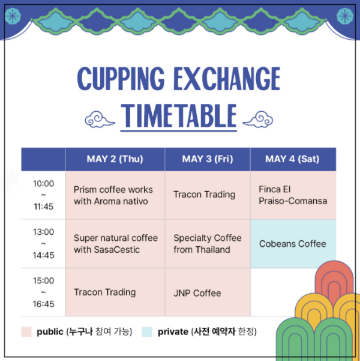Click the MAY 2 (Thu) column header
pos(115,159)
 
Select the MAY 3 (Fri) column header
pos(207,159)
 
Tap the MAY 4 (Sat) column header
pos(292,159)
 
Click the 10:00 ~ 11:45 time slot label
pos(43,195)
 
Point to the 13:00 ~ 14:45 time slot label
pos(43,243)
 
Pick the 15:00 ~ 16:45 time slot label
pos(43,292)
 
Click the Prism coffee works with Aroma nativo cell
pos(115,195)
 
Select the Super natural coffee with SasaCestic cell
pos(115,243)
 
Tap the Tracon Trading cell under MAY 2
pos(115,292)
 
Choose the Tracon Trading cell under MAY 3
pos(207,195)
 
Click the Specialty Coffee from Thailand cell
pos(207,243)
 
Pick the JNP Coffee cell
pos(207,293)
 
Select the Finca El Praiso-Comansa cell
pos(293,195)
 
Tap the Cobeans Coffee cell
pos(293,243)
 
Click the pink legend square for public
pos(26,332)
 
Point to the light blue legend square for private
pos(147,332)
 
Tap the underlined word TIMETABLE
pos(178,116)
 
